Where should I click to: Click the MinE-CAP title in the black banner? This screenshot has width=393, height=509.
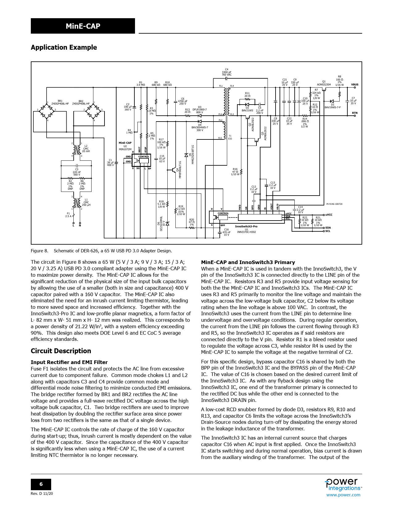point(83,26)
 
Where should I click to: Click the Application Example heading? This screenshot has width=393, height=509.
point(64,48)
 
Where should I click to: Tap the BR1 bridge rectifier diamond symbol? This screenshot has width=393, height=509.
point(47,111)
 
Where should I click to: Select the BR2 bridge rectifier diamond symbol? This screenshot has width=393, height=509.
point(93,111)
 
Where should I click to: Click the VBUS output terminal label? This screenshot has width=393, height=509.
point(354,85)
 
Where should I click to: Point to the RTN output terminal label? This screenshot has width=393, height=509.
point(355,113)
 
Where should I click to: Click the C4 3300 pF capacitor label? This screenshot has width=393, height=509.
point(227,72)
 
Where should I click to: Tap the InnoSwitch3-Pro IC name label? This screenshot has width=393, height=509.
point(246,226)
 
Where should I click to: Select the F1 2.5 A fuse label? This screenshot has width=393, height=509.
point(68,215)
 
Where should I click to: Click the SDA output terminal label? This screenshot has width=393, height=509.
point(328,228)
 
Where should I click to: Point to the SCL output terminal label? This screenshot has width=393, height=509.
point(328,231)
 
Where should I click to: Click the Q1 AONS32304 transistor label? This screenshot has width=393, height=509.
point(324,83)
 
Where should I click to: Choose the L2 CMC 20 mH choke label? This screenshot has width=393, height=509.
point(86,148)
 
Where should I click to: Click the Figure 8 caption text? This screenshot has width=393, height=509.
point(101,251)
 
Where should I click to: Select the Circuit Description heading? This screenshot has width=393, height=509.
point(61,351)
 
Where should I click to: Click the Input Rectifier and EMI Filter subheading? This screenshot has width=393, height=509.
point(69,362)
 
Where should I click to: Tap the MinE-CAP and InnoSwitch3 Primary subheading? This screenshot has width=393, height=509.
point(248,262)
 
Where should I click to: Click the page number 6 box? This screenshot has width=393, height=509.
point(41,484)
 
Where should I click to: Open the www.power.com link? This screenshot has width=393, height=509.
point(343,495)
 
